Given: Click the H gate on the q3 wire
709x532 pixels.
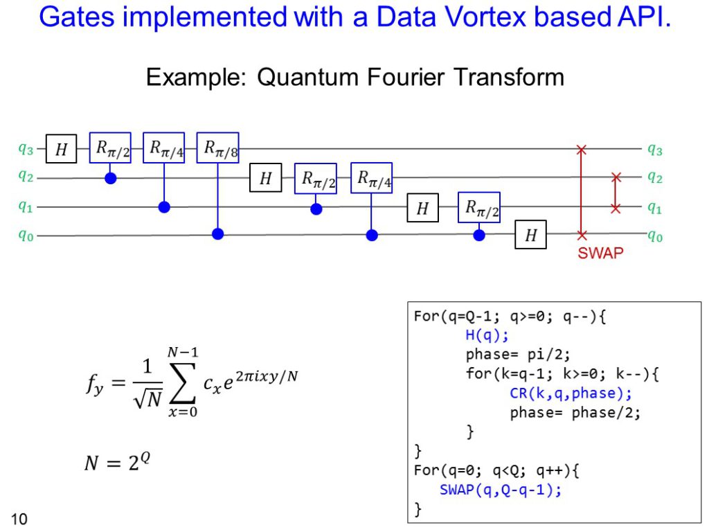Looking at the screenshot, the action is click(61, 148).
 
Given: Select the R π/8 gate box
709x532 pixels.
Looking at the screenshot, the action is click(217, 148).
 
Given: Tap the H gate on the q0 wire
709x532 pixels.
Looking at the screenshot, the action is click(530, 235).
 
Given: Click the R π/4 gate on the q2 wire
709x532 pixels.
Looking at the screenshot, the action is click(371, 178).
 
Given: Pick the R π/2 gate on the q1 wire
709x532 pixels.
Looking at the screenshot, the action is click(479, 208).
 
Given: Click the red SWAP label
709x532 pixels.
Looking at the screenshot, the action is click(600, 253).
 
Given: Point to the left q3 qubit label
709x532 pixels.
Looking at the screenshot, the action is click(26, 148).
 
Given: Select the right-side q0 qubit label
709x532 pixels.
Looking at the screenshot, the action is click(655, 236).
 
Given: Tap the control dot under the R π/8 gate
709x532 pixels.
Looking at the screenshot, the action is click(218, 234).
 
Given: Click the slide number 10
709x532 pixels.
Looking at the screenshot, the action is click(19, 519).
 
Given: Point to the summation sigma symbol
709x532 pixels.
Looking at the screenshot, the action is click(183, 382).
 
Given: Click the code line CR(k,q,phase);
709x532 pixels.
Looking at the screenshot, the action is click(571, 393).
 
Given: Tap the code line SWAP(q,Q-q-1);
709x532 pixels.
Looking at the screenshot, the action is click(501, 490).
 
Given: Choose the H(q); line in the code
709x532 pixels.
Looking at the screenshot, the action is click(487, 335).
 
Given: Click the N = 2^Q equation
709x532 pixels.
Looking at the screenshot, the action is click(117, 462).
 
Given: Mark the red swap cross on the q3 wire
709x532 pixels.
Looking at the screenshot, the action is click(582, 150).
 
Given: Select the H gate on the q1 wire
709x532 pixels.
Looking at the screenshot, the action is click(422, 208).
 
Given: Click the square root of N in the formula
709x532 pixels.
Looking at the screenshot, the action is click(148, 398).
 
